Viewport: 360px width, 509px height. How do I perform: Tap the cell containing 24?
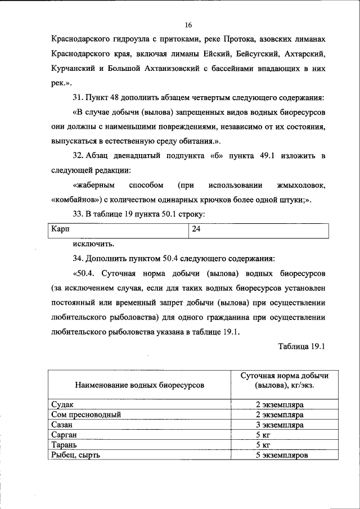coord(196,230)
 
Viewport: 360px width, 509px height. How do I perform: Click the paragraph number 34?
coord(78,259)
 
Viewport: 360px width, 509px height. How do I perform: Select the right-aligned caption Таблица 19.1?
coord(301,346)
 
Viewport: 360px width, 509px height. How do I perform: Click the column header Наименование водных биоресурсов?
coord(138,385)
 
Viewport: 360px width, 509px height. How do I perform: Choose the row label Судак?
coord(62,405)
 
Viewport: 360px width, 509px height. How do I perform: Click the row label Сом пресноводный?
coord(85,415)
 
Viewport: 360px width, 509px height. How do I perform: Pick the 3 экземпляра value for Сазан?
coord(280,425)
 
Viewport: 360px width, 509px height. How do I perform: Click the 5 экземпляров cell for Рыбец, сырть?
coord(280,455)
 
